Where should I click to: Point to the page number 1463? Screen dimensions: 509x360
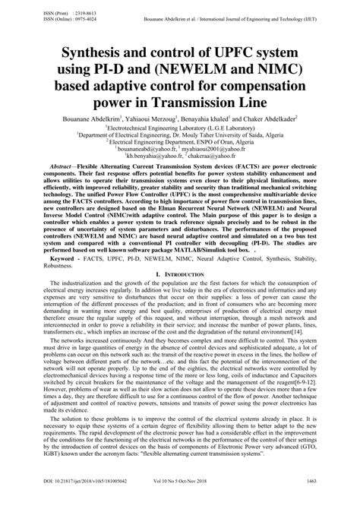pos(332,503)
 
